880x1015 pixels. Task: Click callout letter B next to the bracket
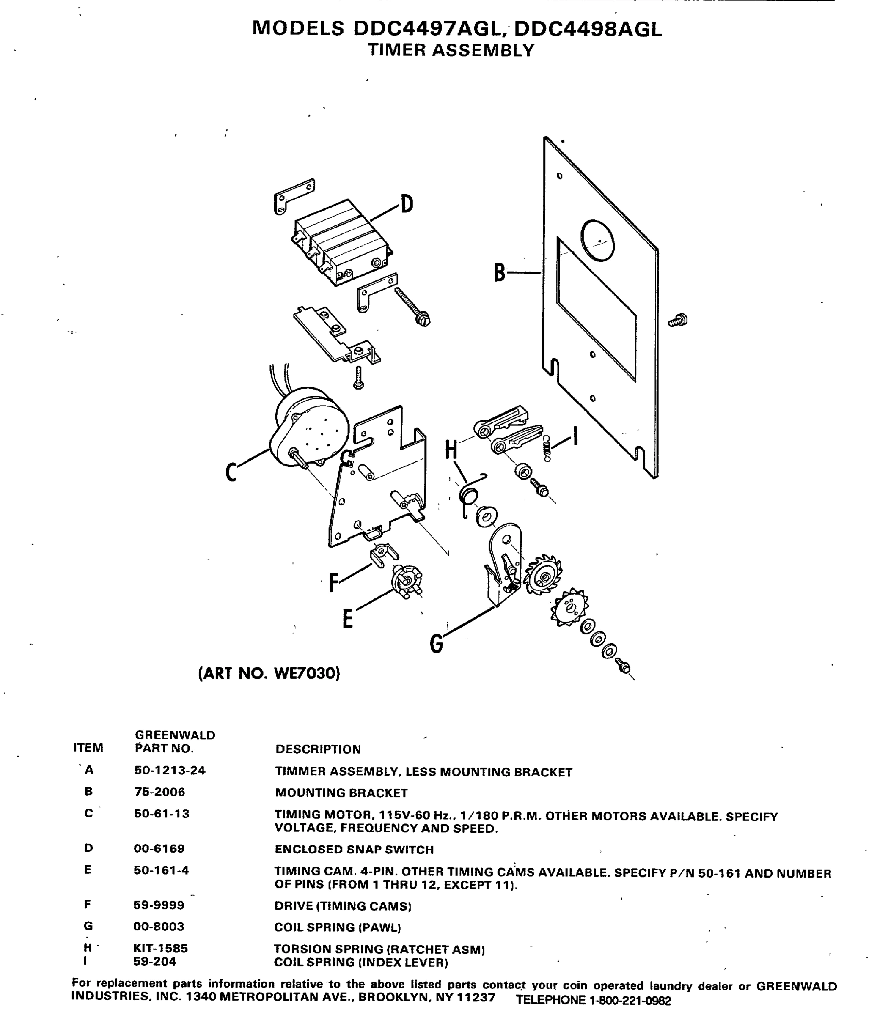pyautogui.click(x=499, y=272)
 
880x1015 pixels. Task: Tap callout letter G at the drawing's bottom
pyautogui.click(x=436, y=644)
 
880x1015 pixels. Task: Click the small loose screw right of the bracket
pyautogui.click(x=679, y=321)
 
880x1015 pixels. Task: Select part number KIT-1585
pyautogui.click(x=161, y=949)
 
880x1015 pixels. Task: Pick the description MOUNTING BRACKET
pyautogui.click(x=341, y=793)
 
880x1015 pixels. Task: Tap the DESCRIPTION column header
pyautogui.click(x=318, y=749)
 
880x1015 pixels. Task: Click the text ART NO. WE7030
pyautogui.click(x=269, y=673)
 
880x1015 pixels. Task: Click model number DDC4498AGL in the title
pyautogui.click(x=588, y=30)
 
